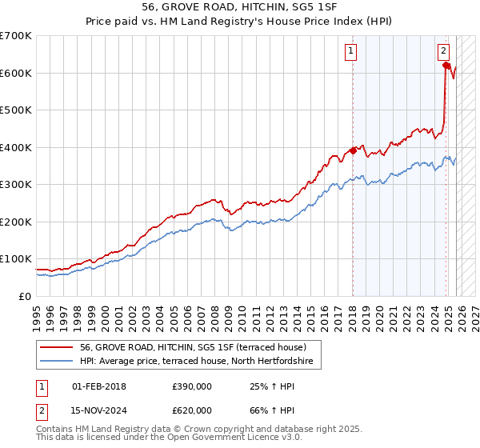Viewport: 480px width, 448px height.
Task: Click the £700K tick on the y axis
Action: point(16,36)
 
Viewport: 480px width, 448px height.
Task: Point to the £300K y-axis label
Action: point(16,185)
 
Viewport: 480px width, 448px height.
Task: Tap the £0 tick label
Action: point(26,296)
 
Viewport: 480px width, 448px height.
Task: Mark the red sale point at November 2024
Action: point(446,66)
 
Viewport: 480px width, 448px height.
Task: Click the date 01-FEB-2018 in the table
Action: point(98,387)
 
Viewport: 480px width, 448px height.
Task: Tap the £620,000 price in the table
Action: point(191,410)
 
